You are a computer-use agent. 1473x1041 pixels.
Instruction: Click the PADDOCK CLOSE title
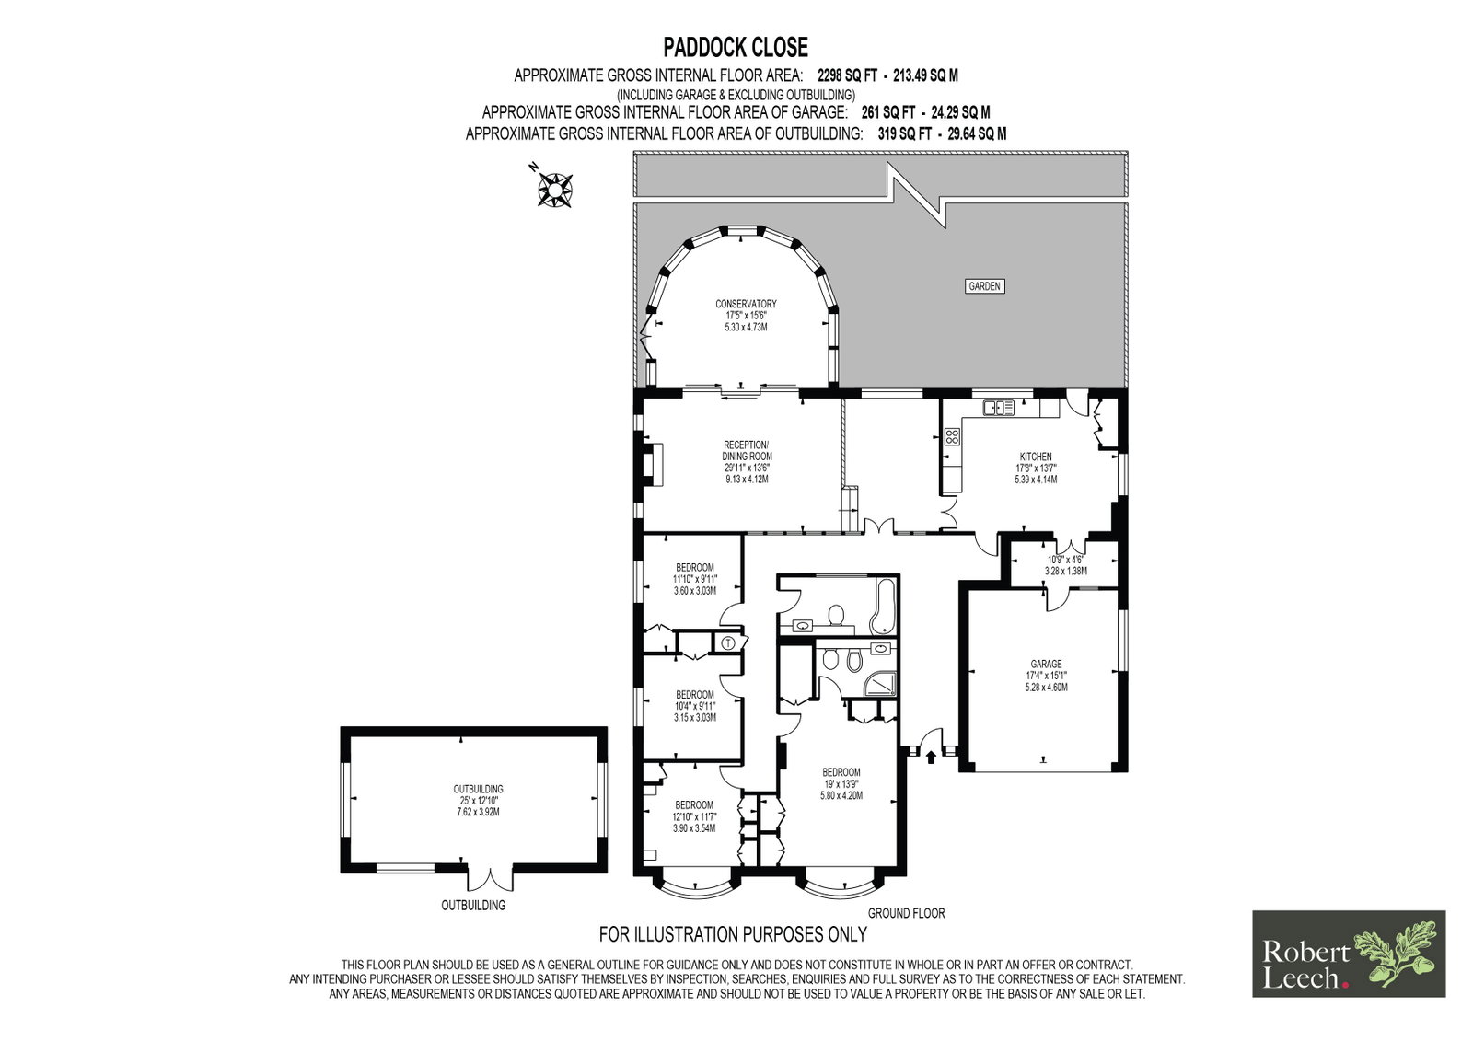point(736,47)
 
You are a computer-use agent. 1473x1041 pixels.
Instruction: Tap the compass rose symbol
point(554,189)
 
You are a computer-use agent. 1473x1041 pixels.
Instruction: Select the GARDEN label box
point(984,286)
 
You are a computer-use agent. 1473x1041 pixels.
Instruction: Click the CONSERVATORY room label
point(746,304)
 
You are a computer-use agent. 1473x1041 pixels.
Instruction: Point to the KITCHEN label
point(1036,457)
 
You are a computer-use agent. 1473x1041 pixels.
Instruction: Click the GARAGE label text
point(1046,665)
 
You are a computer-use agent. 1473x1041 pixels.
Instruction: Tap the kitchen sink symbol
point(998,408)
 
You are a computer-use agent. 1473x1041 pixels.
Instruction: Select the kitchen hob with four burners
point(952,436)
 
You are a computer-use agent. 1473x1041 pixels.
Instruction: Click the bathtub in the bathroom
point(883,606)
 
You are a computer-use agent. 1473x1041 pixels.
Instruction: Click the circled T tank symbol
point(727,643)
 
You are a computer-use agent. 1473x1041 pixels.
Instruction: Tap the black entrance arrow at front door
point(931,758)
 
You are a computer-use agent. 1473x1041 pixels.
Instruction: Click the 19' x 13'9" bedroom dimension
point(841,784)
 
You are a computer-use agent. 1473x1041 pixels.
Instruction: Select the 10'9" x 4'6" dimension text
point(1066,560)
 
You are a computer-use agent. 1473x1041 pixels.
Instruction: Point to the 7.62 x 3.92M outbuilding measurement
point(478,812)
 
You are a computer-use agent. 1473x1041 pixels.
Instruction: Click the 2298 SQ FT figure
point(847,75)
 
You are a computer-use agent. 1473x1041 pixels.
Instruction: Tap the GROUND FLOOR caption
point(906,913)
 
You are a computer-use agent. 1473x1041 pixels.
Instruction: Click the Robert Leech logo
point(1349,954)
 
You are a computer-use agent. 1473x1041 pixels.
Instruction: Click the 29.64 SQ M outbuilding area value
point(977,134)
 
